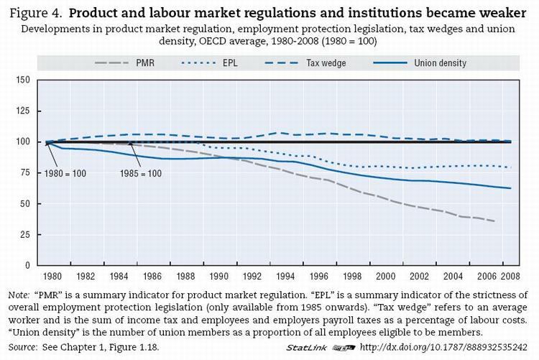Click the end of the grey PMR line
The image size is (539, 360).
[494, 221]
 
